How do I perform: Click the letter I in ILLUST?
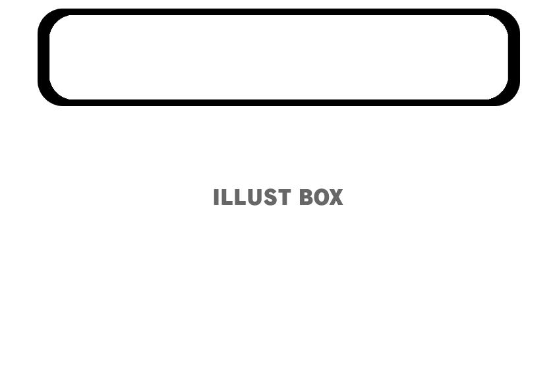tap(216, 198)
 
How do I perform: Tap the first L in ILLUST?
tap(225, 198)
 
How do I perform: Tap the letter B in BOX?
tap(306, 198)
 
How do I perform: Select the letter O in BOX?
tap(321, 198)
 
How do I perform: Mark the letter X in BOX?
tap(336, 198)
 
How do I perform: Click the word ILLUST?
tap(251, 198)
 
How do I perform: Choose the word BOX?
tap(321, 198)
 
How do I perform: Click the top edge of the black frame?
tap(278, 12)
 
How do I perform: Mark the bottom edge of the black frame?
tap(278, 103)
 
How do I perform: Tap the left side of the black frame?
tap(43, 57)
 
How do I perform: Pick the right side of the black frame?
tap(514, 57)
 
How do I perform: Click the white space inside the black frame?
tap(278, 57)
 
